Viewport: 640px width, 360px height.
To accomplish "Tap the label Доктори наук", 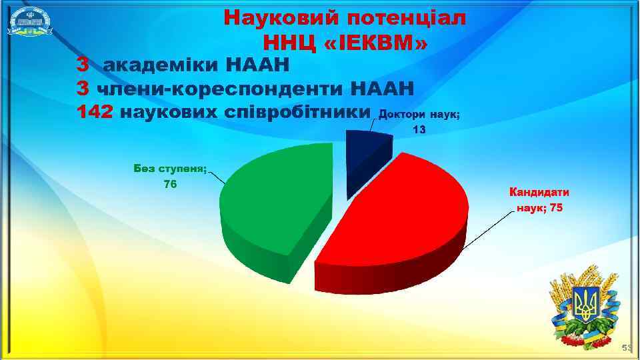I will pos(419,115).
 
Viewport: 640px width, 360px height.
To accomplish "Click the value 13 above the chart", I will pos(419,130).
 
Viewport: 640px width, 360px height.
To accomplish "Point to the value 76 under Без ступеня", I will pos(170,184).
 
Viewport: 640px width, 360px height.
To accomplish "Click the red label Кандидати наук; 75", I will pos(539,200).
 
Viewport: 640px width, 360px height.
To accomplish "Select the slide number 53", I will pos(627,348).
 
